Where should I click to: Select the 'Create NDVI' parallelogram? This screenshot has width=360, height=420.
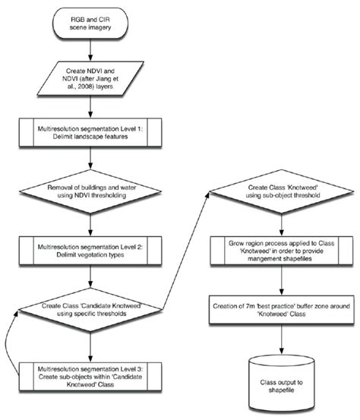click(91, 81)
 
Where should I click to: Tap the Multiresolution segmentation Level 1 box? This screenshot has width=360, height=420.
click(91, 135)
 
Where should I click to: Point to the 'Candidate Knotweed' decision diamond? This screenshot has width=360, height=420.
click(91, 309)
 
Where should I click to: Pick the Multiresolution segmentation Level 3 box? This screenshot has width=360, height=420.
click(91, 374)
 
